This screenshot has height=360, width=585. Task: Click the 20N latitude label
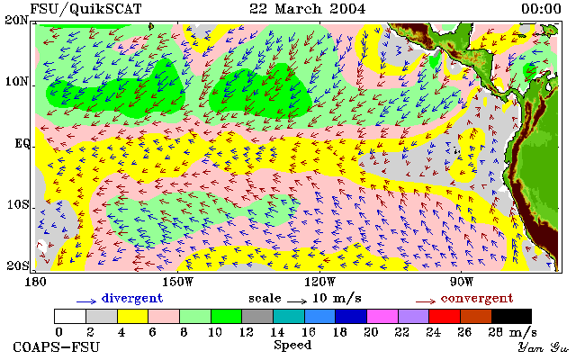click(16, 20)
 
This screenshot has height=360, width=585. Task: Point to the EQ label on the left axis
click(22, 144)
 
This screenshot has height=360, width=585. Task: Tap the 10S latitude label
click(17, 204)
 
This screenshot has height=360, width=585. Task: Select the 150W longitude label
click(177, 282)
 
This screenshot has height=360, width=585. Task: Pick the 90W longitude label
click(462, 282)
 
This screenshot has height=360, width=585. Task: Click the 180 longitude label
click(35, 282)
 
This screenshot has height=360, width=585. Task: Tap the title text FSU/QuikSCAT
click(85, 9)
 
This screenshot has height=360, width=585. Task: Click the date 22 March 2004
click(308, 9)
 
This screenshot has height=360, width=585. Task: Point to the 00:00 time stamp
click(541, 9)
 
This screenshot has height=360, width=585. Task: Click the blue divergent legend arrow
click(86, 301)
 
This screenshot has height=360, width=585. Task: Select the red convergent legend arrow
click(426, 301)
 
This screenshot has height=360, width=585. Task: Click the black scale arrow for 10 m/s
click(297, 301)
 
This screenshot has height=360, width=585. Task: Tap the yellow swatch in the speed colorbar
click(133, 317)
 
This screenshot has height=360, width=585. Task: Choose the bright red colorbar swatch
click(445, 317)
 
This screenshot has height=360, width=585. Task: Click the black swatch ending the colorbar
click(511, 317)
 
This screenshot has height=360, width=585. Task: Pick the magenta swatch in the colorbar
click(382, 317)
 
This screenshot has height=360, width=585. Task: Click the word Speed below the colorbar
click(292, 345)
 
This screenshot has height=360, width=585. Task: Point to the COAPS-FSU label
click(57, 346)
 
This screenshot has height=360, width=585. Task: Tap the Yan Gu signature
click(544, 348)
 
